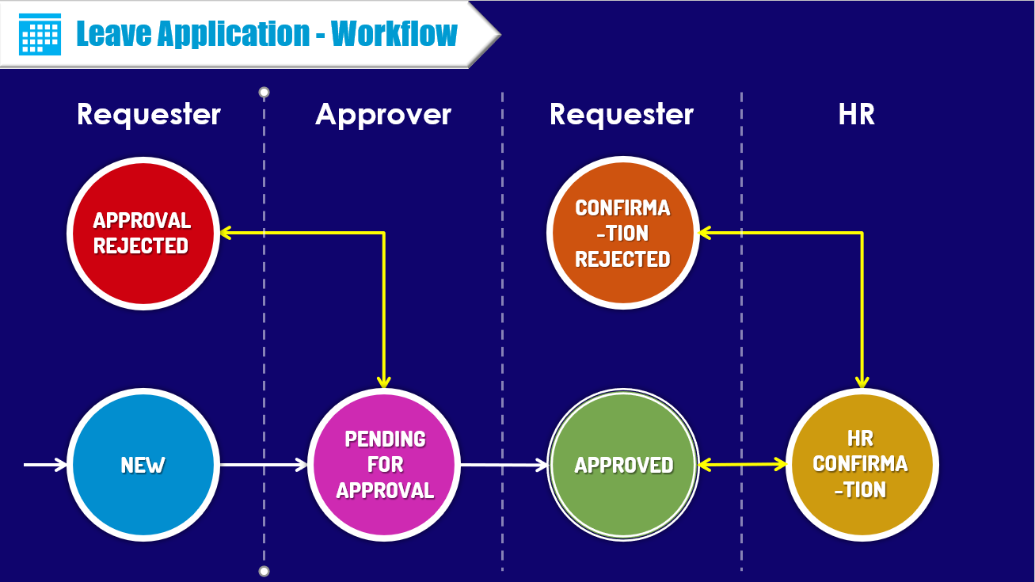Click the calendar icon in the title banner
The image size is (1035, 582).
tap(40, 33)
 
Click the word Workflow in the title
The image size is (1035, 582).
tap(394, 33)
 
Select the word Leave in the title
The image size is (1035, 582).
tap(114, 33)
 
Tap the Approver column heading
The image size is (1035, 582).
tap(383, 115)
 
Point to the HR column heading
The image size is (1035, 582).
tap(857, 115)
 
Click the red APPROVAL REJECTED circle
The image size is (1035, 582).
tap(143, 233)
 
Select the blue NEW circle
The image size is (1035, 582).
tap(143, 465)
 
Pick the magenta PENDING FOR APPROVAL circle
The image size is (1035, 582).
tap(384, 465)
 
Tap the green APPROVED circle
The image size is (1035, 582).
tap(623, 465)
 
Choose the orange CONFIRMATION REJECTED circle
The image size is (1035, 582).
tap(622, 233)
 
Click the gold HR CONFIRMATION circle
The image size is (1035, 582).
tap(862, 465)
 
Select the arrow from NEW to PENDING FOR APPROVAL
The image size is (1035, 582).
tap(263, 465)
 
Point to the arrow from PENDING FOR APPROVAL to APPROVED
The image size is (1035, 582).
tap(504, 466)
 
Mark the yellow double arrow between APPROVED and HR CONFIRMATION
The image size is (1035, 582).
tap(742, 465)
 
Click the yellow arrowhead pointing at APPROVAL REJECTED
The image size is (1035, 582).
tap(225, 233)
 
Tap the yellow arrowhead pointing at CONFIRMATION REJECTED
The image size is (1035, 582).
tap(704, 233)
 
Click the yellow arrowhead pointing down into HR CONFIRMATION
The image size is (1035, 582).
tap(862, 382)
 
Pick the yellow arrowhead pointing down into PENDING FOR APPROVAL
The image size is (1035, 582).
tap(384, 382)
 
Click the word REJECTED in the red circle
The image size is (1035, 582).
tap(141, 246)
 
